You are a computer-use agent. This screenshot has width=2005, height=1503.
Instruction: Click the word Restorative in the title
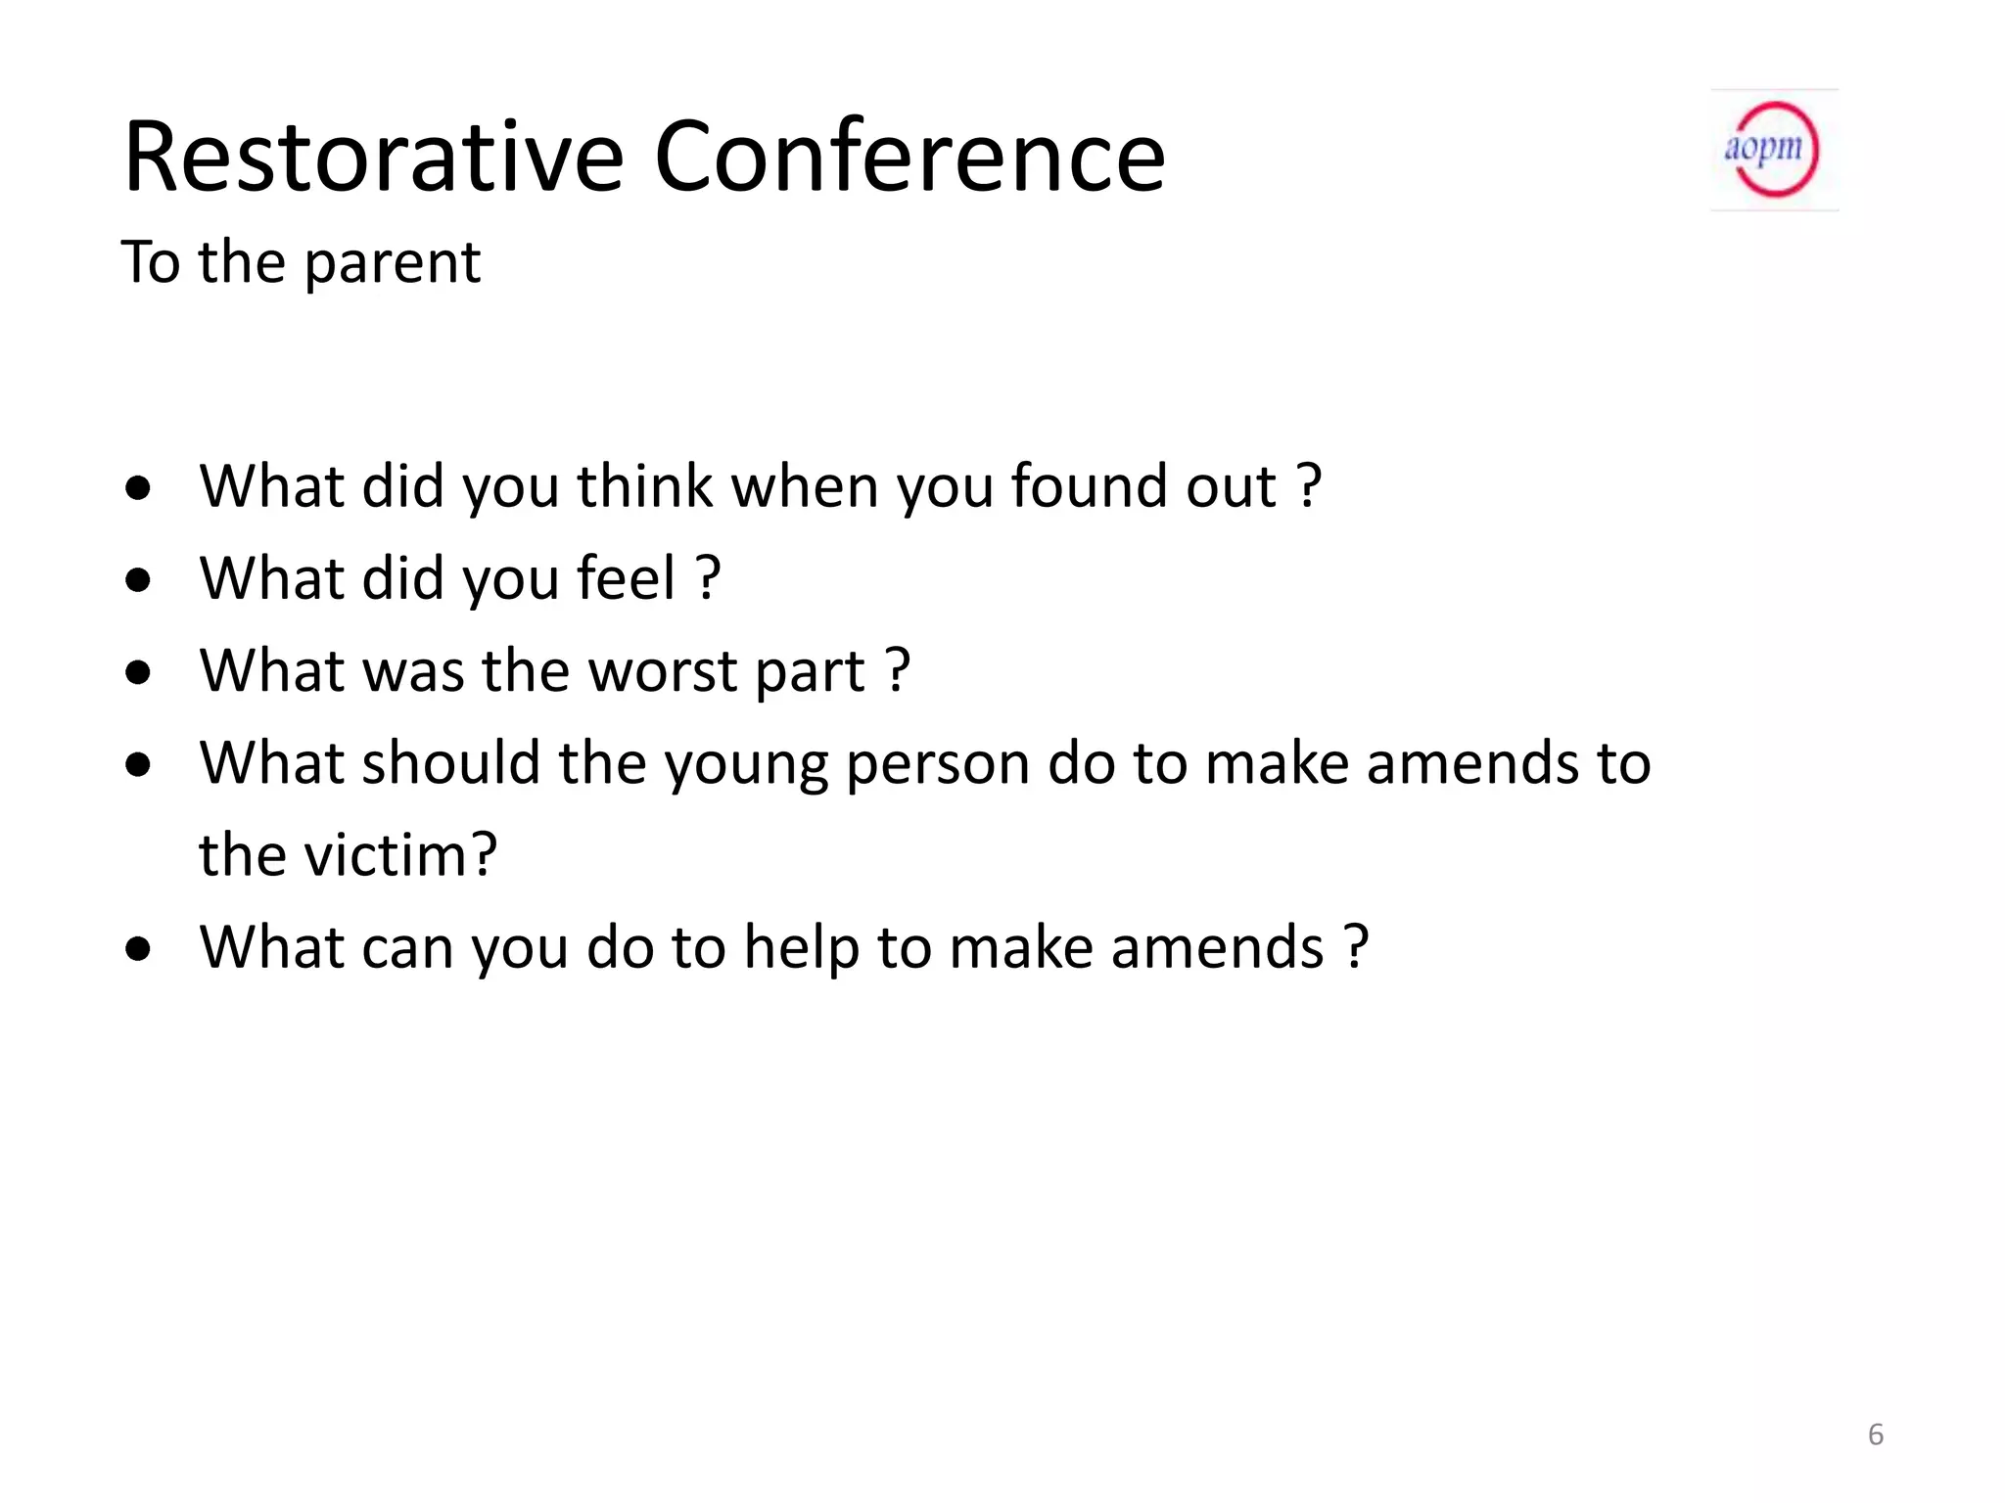373,157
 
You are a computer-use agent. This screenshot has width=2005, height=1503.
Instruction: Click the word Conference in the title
909,157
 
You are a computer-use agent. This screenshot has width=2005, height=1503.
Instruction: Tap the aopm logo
1774,150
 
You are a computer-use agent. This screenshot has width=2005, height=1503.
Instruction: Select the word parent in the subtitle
393,263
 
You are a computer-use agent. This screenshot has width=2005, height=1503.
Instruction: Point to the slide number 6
1875,1435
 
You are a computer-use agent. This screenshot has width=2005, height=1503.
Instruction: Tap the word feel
626,578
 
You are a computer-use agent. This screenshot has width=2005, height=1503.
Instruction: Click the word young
746,764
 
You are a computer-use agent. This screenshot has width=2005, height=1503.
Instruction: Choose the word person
938,764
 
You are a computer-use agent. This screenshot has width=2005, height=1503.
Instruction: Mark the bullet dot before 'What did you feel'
138,580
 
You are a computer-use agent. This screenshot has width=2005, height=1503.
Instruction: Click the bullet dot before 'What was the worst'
138,672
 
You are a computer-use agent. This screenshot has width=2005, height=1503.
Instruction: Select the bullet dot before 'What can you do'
138,949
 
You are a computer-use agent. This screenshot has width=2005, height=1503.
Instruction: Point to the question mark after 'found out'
1309,486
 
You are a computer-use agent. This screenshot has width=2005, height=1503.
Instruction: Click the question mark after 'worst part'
898,671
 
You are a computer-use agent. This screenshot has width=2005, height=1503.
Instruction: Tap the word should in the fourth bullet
451,763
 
